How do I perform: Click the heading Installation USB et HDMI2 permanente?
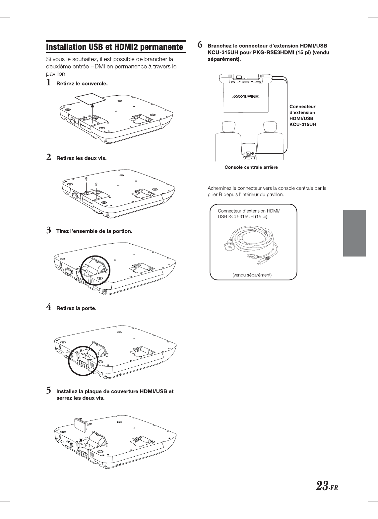click(x=114, y=47)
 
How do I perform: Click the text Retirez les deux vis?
click(x=82, y=158)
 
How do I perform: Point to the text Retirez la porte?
click(x=76, y=308)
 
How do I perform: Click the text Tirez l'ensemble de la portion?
click(x=94, y=231)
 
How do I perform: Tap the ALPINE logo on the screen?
click(x=245, y=97)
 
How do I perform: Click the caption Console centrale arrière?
click(x=251, y=167)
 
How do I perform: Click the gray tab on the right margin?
click(x=354, y=233)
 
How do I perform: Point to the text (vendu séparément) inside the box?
click(x=252, y=275)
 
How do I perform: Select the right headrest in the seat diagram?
click(x=270, y=127)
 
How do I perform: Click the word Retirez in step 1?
click(x=65, y=84)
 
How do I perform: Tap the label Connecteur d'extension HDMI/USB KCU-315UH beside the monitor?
click(x=303, y=115)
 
